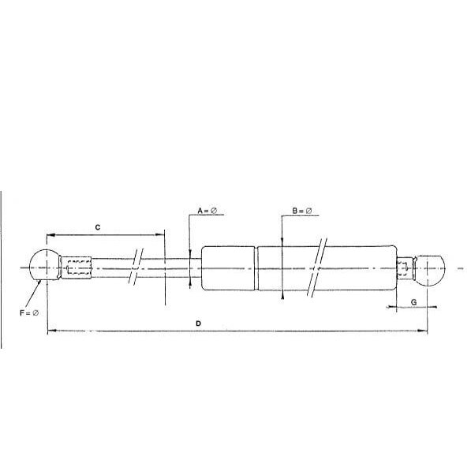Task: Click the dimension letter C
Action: point(98,227)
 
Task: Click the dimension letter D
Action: point(198,323)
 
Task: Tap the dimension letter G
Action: point(413,302)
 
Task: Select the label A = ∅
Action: point(207,211)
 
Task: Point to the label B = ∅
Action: point(302,211)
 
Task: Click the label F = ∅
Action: point(29,313)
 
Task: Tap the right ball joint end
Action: point(429,271)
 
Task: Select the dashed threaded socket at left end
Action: point(79,267)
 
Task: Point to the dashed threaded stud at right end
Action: point(403,268)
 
